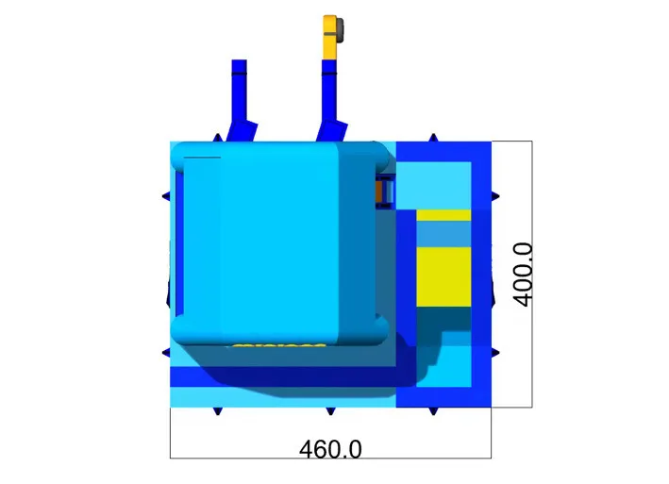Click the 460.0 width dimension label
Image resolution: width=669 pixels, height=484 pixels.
click(330, 449)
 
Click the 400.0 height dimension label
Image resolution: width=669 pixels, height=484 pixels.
click(523, 275)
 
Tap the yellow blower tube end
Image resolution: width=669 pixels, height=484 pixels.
click(330, 38)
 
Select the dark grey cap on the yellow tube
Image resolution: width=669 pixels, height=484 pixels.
click(340, 30)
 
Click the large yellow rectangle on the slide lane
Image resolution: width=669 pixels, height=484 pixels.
click(443, 276)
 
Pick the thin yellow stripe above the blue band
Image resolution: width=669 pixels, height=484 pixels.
click(443, 215)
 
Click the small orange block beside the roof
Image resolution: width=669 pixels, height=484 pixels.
click(379, 192)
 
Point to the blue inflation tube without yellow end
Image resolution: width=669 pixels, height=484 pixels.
click(241, 101)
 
